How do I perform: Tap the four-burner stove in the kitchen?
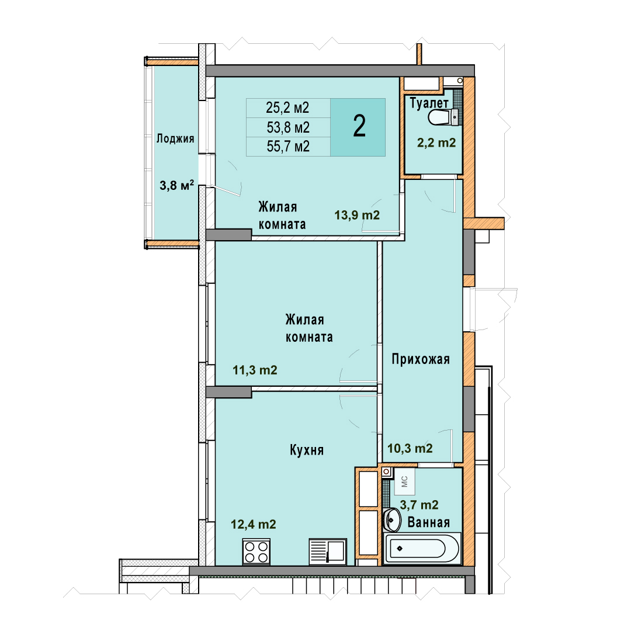click(x=256, y=552)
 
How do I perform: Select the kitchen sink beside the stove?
click(x=328, y=552)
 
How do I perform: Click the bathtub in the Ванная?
click(x=422, y=547)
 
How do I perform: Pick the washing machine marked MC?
click(x=404, y=481)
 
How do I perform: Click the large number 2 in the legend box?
click(x=359, y=126)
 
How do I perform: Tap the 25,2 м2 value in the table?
click(x=287, y=108)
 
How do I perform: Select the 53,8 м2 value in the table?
click(x=288, y=127)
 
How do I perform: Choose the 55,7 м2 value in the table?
click(x=288, y=147)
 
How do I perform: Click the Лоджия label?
click(x=175, y=139)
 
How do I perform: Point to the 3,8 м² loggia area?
click(x=176, y=185)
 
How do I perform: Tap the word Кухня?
click(x=307, y=450)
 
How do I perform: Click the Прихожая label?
click(x=421, y=359)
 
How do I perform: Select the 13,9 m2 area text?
click(x=357, y=215)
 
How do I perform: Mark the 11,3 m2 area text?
click(x=255, y=370)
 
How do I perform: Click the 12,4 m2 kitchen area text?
click(x=254, y=524)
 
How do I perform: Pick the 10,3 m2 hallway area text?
click(x=410, y=448)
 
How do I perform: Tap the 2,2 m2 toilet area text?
click(x=436, y=143)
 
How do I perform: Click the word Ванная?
click(x=429, y=522)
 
